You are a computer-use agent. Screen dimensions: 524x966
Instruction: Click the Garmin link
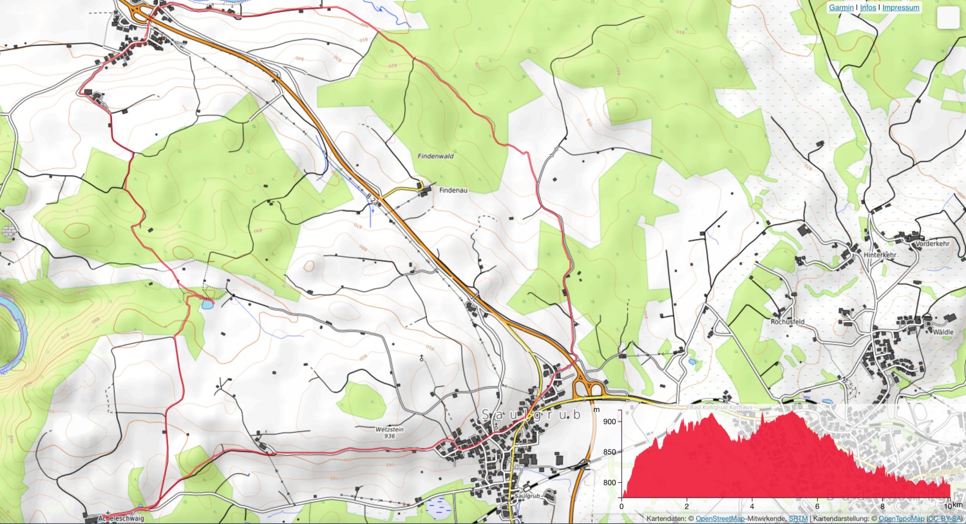(841, 8)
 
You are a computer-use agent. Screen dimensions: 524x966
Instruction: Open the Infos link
(868, 8)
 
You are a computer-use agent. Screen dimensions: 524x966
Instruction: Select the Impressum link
(901, 8)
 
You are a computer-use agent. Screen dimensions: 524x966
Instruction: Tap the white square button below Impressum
(948, 18)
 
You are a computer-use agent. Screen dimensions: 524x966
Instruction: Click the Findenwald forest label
(435, 156)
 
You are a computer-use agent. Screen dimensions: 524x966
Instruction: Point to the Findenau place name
(453, 191)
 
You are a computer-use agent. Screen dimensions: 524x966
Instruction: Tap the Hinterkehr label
(880, 255)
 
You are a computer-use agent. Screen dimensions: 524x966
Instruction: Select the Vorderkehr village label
(933, 244)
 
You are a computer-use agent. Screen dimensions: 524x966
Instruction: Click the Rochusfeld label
(788, 322)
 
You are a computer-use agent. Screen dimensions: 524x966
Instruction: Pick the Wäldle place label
(943, 332)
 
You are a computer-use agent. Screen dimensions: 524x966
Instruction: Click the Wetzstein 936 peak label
(389, 433)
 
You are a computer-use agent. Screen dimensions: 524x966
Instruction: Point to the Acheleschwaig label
(121, 518)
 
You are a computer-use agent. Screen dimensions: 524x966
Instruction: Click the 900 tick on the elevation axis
(609, 422)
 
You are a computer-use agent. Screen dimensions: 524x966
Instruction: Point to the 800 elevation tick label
(609, 483)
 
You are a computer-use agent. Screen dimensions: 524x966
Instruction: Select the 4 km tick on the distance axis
(752, 506)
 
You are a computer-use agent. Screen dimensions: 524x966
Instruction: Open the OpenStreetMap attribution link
(720, 519)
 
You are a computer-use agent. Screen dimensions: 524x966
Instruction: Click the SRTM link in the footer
(798, 519)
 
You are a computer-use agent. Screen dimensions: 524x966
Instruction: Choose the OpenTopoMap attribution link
(901, 519)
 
